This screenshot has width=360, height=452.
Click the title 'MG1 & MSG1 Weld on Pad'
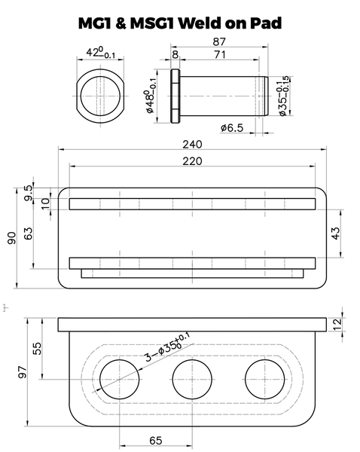point(180,23)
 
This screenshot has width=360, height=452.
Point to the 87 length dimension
point(221,41)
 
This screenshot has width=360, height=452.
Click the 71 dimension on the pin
point(219,55)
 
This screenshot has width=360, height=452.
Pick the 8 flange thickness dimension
point(175,55)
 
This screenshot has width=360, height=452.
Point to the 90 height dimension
point(11,238)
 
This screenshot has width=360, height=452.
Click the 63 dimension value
point(29,234)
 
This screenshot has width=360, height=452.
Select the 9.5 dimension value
point(29,189)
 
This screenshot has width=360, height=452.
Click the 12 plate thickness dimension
point(348,323)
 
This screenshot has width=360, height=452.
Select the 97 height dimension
point(22,371)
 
